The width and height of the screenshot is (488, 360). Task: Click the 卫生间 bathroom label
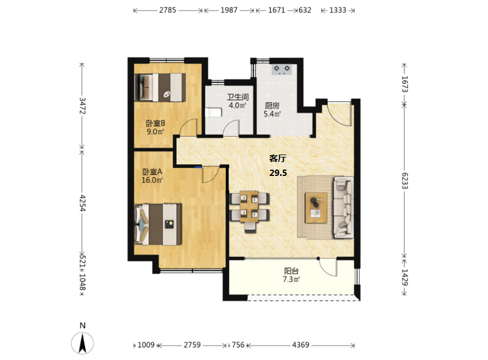(238, 97)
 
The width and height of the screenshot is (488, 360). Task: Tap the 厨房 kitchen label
(272, 106)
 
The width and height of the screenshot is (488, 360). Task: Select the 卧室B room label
(156, 123)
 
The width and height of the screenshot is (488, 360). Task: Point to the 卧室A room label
(152, 172)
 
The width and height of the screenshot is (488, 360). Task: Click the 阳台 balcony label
(291, 271)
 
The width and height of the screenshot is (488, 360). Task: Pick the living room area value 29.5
(278, 172)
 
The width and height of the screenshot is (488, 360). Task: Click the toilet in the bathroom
(213, 112)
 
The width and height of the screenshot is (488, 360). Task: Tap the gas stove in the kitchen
(282, 69)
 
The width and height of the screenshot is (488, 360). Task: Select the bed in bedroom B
(160, 87)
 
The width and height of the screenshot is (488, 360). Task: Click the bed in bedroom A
(158, 225)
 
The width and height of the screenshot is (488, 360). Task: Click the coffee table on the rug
(316, 208)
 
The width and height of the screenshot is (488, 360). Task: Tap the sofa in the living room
(344, 207)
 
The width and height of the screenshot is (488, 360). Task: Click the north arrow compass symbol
(82, 343)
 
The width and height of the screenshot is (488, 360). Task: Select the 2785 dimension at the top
(167, 10)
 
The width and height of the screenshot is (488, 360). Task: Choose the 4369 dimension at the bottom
(300, 345)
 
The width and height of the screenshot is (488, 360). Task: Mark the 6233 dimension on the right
(405, 181)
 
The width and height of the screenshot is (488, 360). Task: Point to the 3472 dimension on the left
(82, 106)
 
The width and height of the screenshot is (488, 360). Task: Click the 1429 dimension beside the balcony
(405, 277)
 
